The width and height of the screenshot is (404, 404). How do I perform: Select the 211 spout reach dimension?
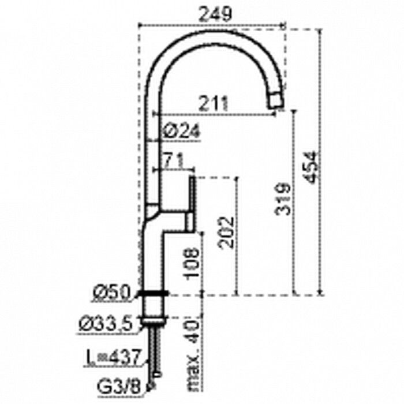(213, 103)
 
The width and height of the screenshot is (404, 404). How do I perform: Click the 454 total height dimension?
(310, 167)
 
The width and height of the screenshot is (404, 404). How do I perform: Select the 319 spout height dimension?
(282, 199)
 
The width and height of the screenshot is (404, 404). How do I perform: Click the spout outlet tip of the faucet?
(276, 103)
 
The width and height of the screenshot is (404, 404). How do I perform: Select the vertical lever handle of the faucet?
(192, 205)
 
